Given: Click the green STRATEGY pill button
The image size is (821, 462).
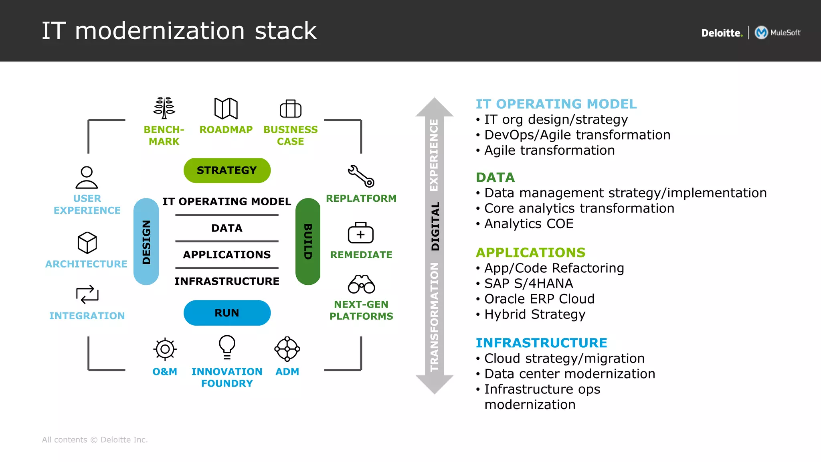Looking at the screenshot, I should tap(227, 170).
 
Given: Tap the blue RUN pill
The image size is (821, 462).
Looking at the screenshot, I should tap(227, 313).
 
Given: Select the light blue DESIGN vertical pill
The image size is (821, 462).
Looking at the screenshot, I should tap(146, 241).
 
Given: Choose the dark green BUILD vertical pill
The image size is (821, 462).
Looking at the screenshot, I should tap(307, 241).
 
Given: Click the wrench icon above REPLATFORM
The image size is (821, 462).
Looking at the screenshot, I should tap(361, 176).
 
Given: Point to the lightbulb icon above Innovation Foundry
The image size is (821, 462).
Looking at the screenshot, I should tap(227, 347).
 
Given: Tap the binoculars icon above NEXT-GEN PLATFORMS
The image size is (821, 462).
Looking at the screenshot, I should tap(361, 284).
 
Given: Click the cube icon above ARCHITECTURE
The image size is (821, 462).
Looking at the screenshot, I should tap(87, 243).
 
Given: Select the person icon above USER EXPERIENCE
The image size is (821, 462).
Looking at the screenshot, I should tap(87, 177).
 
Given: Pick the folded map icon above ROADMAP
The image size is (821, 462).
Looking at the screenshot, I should tap(226, 108).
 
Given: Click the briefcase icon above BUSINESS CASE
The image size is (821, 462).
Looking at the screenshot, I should tap(291, 109).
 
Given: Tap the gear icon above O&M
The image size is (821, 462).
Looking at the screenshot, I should tap(165, 349).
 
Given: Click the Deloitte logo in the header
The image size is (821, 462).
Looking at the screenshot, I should tap(722, 33).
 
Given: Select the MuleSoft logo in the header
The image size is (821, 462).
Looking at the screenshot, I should tap(778, 32).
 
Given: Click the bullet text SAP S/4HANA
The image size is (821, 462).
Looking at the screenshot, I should tap(528, 284).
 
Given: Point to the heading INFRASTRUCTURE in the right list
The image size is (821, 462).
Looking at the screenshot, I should tap(541, 343).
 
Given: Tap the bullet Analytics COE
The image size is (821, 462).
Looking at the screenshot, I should tap(528, 224).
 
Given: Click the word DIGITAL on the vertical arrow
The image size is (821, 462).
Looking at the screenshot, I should tap(435, 226).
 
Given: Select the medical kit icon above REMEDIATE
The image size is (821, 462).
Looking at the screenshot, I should tap(360, 233).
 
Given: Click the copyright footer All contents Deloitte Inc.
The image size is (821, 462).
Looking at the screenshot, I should tap(95, 440).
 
